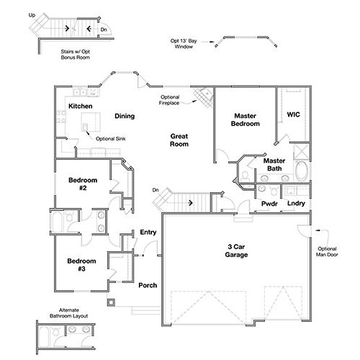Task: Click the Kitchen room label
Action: point(81,106)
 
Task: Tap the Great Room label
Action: point(179,140)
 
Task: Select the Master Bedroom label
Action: point(246,120)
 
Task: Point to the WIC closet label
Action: point(293,114)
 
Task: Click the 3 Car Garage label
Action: point(236,251)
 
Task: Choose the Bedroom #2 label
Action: point(83,184)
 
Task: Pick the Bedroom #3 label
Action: point(81,265)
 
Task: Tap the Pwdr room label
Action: point(269,204)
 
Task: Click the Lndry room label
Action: point(296,203)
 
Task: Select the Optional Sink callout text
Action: point(110,139)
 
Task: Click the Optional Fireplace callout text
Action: point(169,100)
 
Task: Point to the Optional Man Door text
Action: point(327,251)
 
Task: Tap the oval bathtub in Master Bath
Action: point(302,171)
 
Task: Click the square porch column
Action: point(111,302)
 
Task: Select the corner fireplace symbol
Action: point(204,97)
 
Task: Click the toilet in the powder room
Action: point(274,190)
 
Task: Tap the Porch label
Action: point(148,285)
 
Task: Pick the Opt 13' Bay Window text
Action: point(184,44)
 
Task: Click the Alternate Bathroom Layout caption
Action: point(69,313)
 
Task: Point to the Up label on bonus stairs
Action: point(32,15)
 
